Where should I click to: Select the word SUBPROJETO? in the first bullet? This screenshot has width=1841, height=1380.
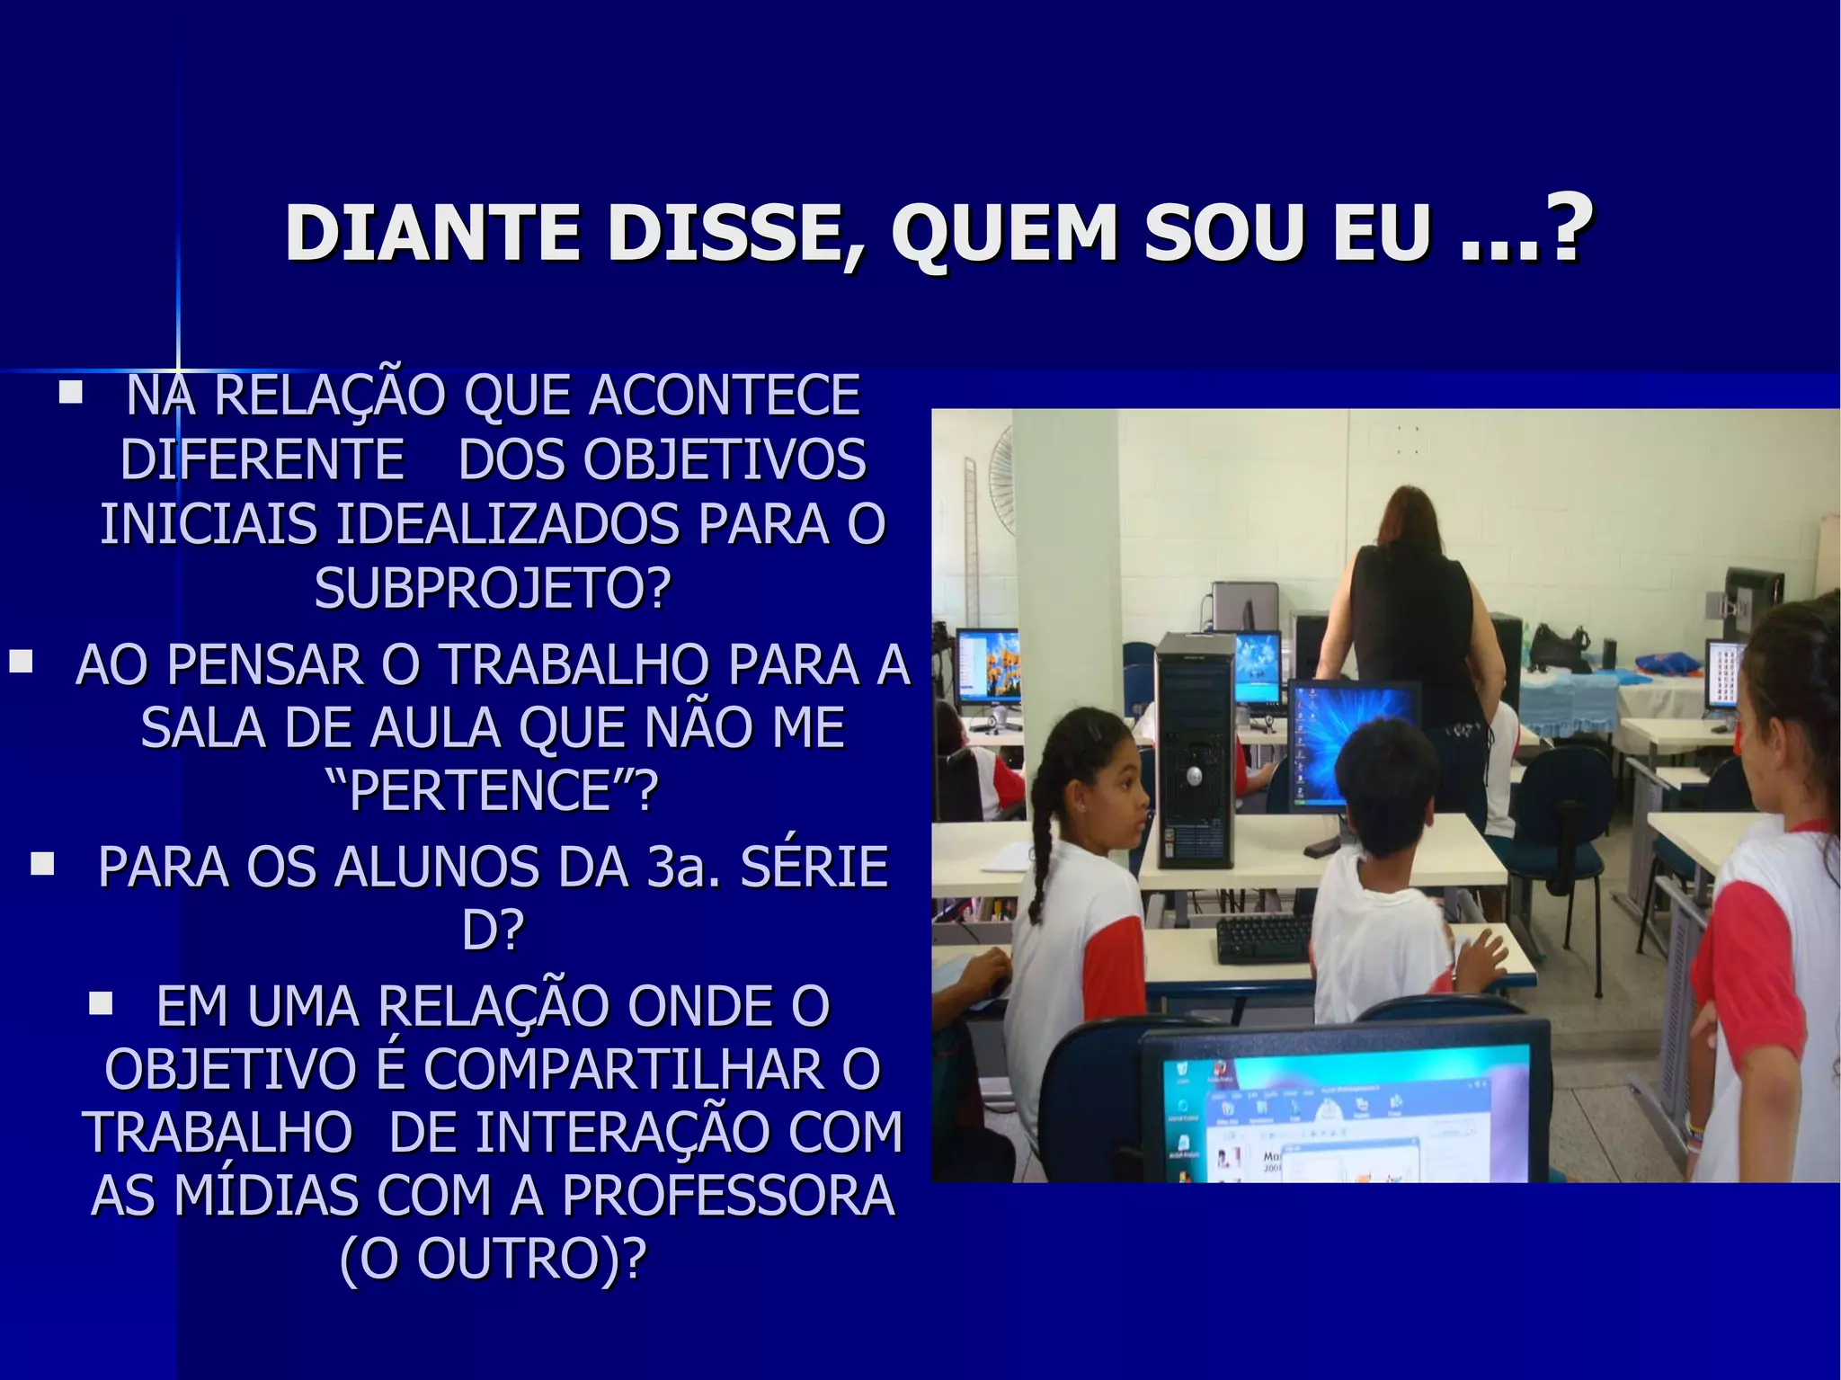click(493, 589)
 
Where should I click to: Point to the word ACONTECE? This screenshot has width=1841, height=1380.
click(724, 396)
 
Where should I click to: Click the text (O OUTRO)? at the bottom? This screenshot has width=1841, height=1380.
click(493, 1259)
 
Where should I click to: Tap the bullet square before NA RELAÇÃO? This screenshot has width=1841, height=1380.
click(70, 393)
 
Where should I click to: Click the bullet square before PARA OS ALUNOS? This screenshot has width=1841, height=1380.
click(41, 865)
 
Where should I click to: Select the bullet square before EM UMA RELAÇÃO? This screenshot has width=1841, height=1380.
click(100, 1002)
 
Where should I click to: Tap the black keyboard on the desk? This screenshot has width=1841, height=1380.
click(1264, 938)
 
